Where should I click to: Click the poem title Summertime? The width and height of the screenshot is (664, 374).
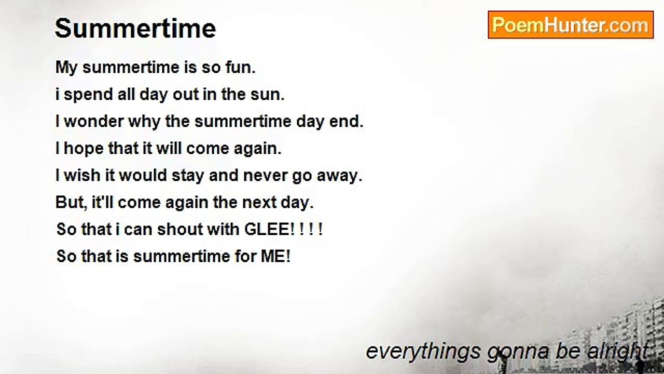point(135,29)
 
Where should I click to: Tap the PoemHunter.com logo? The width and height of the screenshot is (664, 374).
point(570,25)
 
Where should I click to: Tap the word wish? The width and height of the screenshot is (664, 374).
point(82,176)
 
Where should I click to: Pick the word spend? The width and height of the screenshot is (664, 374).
point(87,95)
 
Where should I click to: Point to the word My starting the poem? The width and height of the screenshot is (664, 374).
point(66,68)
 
